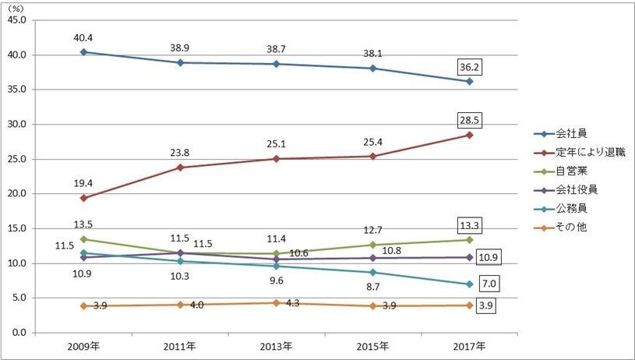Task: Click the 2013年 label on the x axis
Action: pyautogui.click(x=277, y=346)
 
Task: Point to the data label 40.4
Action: pyautogui.click(x=83, y=36)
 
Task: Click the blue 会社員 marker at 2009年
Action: pyautogui.click(x=83, y=52)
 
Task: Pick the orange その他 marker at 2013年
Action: pyautogui.click(x=277, y=302)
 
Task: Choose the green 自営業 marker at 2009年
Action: pyautogui.click(x=83, y=239)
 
